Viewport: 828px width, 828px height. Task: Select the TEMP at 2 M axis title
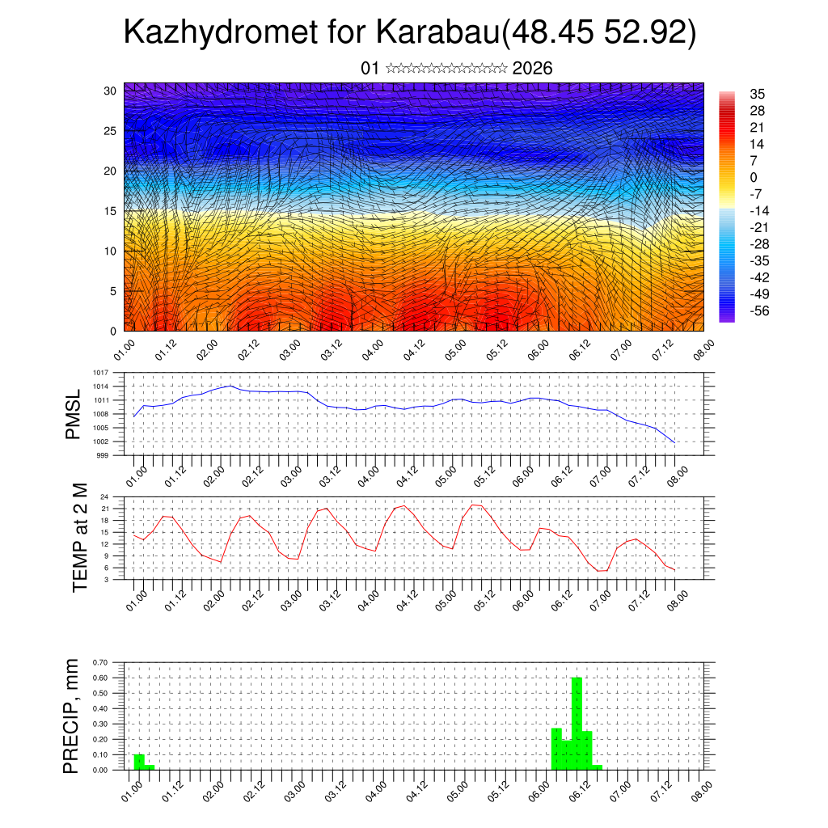tap(79, 538)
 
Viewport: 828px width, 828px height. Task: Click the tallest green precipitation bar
tap(577, 723)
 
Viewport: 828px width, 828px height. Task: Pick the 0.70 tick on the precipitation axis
tap(100, 662)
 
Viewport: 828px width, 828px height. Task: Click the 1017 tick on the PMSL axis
tap(101, 373)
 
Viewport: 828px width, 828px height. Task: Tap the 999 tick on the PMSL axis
tap(103, 455)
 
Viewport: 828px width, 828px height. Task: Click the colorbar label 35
tap(758, 94)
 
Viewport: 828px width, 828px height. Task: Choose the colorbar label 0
tap(754, 177)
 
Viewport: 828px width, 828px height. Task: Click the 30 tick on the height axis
tap(110, 91)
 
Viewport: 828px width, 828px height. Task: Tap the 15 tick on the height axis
tap(110, 211)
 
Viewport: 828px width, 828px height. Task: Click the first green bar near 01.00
tap(139, 762)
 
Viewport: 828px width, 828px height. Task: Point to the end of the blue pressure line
tap(674, 442)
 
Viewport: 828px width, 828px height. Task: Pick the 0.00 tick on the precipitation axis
tap(100, 770)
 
